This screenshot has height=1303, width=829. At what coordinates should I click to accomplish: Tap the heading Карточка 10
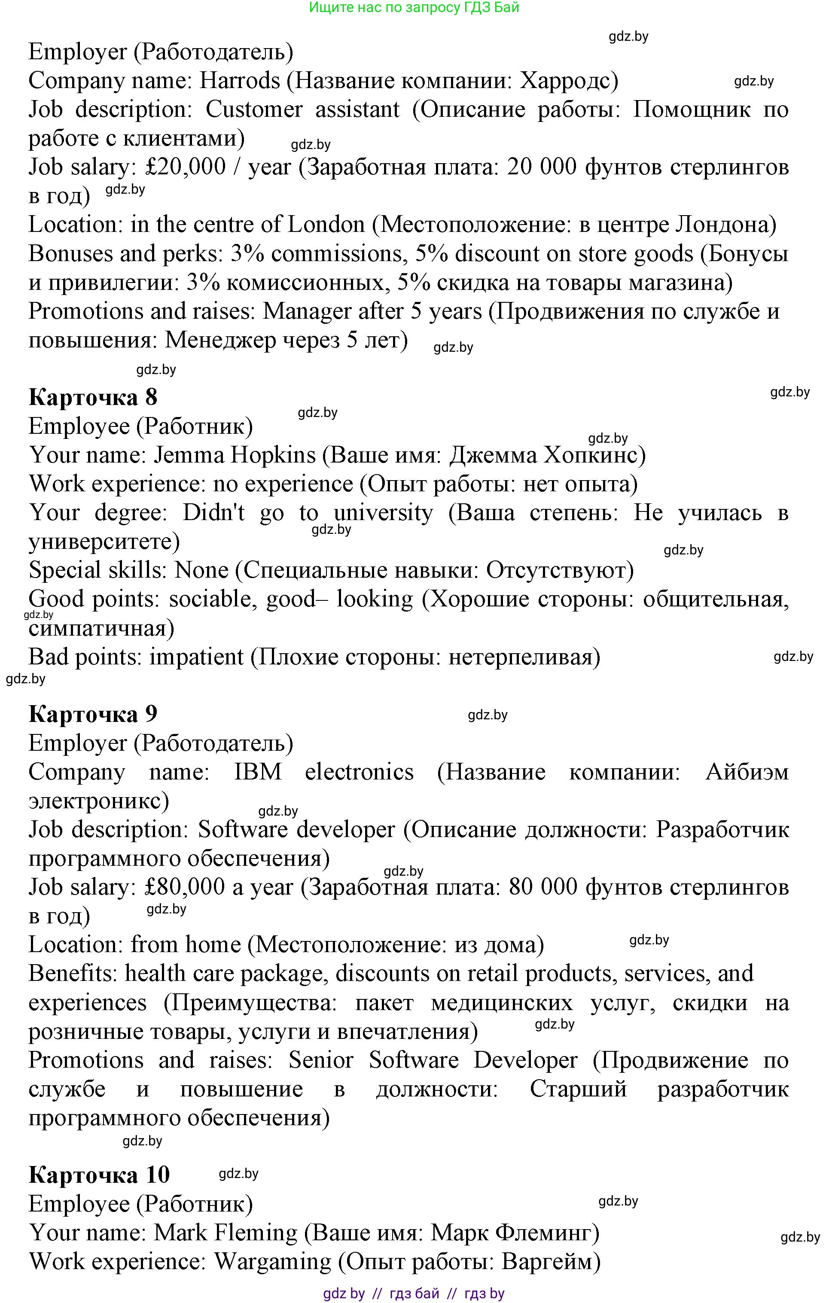[99, 1175]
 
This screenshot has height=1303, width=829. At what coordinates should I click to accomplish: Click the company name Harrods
[240, 81]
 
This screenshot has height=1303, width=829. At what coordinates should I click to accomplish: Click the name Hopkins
[273, 455]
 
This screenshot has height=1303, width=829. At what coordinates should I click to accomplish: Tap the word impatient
[196, 658]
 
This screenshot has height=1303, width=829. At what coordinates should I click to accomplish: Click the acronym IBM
[258, 772]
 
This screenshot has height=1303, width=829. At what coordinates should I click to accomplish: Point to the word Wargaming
[273, 1261]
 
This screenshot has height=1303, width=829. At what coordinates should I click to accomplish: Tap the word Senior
[321, 1060]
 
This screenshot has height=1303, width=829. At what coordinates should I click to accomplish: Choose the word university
[383, 513]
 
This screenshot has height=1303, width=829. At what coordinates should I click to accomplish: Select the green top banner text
[414, 8]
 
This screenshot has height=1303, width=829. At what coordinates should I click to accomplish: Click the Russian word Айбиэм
[747, 772]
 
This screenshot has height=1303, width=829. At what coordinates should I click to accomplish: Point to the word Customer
[254, 110]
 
